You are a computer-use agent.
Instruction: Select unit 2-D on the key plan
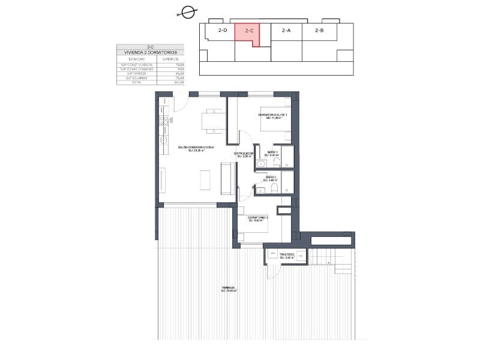click(223, 30)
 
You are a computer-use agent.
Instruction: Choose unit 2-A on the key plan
click(286, 30)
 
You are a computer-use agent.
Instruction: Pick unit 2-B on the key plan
click(319, 30)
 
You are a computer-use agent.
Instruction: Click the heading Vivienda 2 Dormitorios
click(151, 53)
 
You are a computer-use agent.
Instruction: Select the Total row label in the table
click(135, 82)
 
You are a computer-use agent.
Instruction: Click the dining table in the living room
click(212, 121)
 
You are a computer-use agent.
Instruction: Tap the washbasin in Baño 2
click(260, 190)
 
